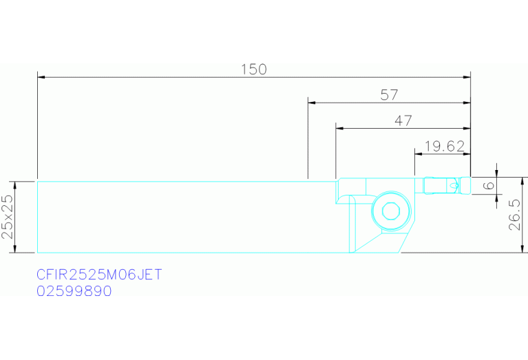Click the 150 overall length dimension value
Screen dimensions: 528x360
pos(254,70)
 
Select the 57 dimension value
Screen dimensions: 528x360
pos(389,95)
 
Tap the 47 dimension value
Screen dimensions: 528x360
pos(403,120)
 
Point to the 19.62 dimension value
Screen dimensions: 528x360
pos(445,146)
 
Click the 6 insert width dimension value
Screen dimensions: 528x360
pos(489,185)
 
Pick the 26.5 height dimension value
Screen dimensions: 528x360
pos(514,215)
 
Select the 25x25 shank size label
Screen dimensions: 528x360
pos(8,217)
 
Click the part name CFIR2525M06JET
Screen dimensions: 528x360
pos(99,275)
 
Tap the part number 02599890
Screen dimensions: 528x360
pos(74,291)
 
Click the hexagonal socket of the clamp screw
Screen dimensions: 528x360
pos(390,211)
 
